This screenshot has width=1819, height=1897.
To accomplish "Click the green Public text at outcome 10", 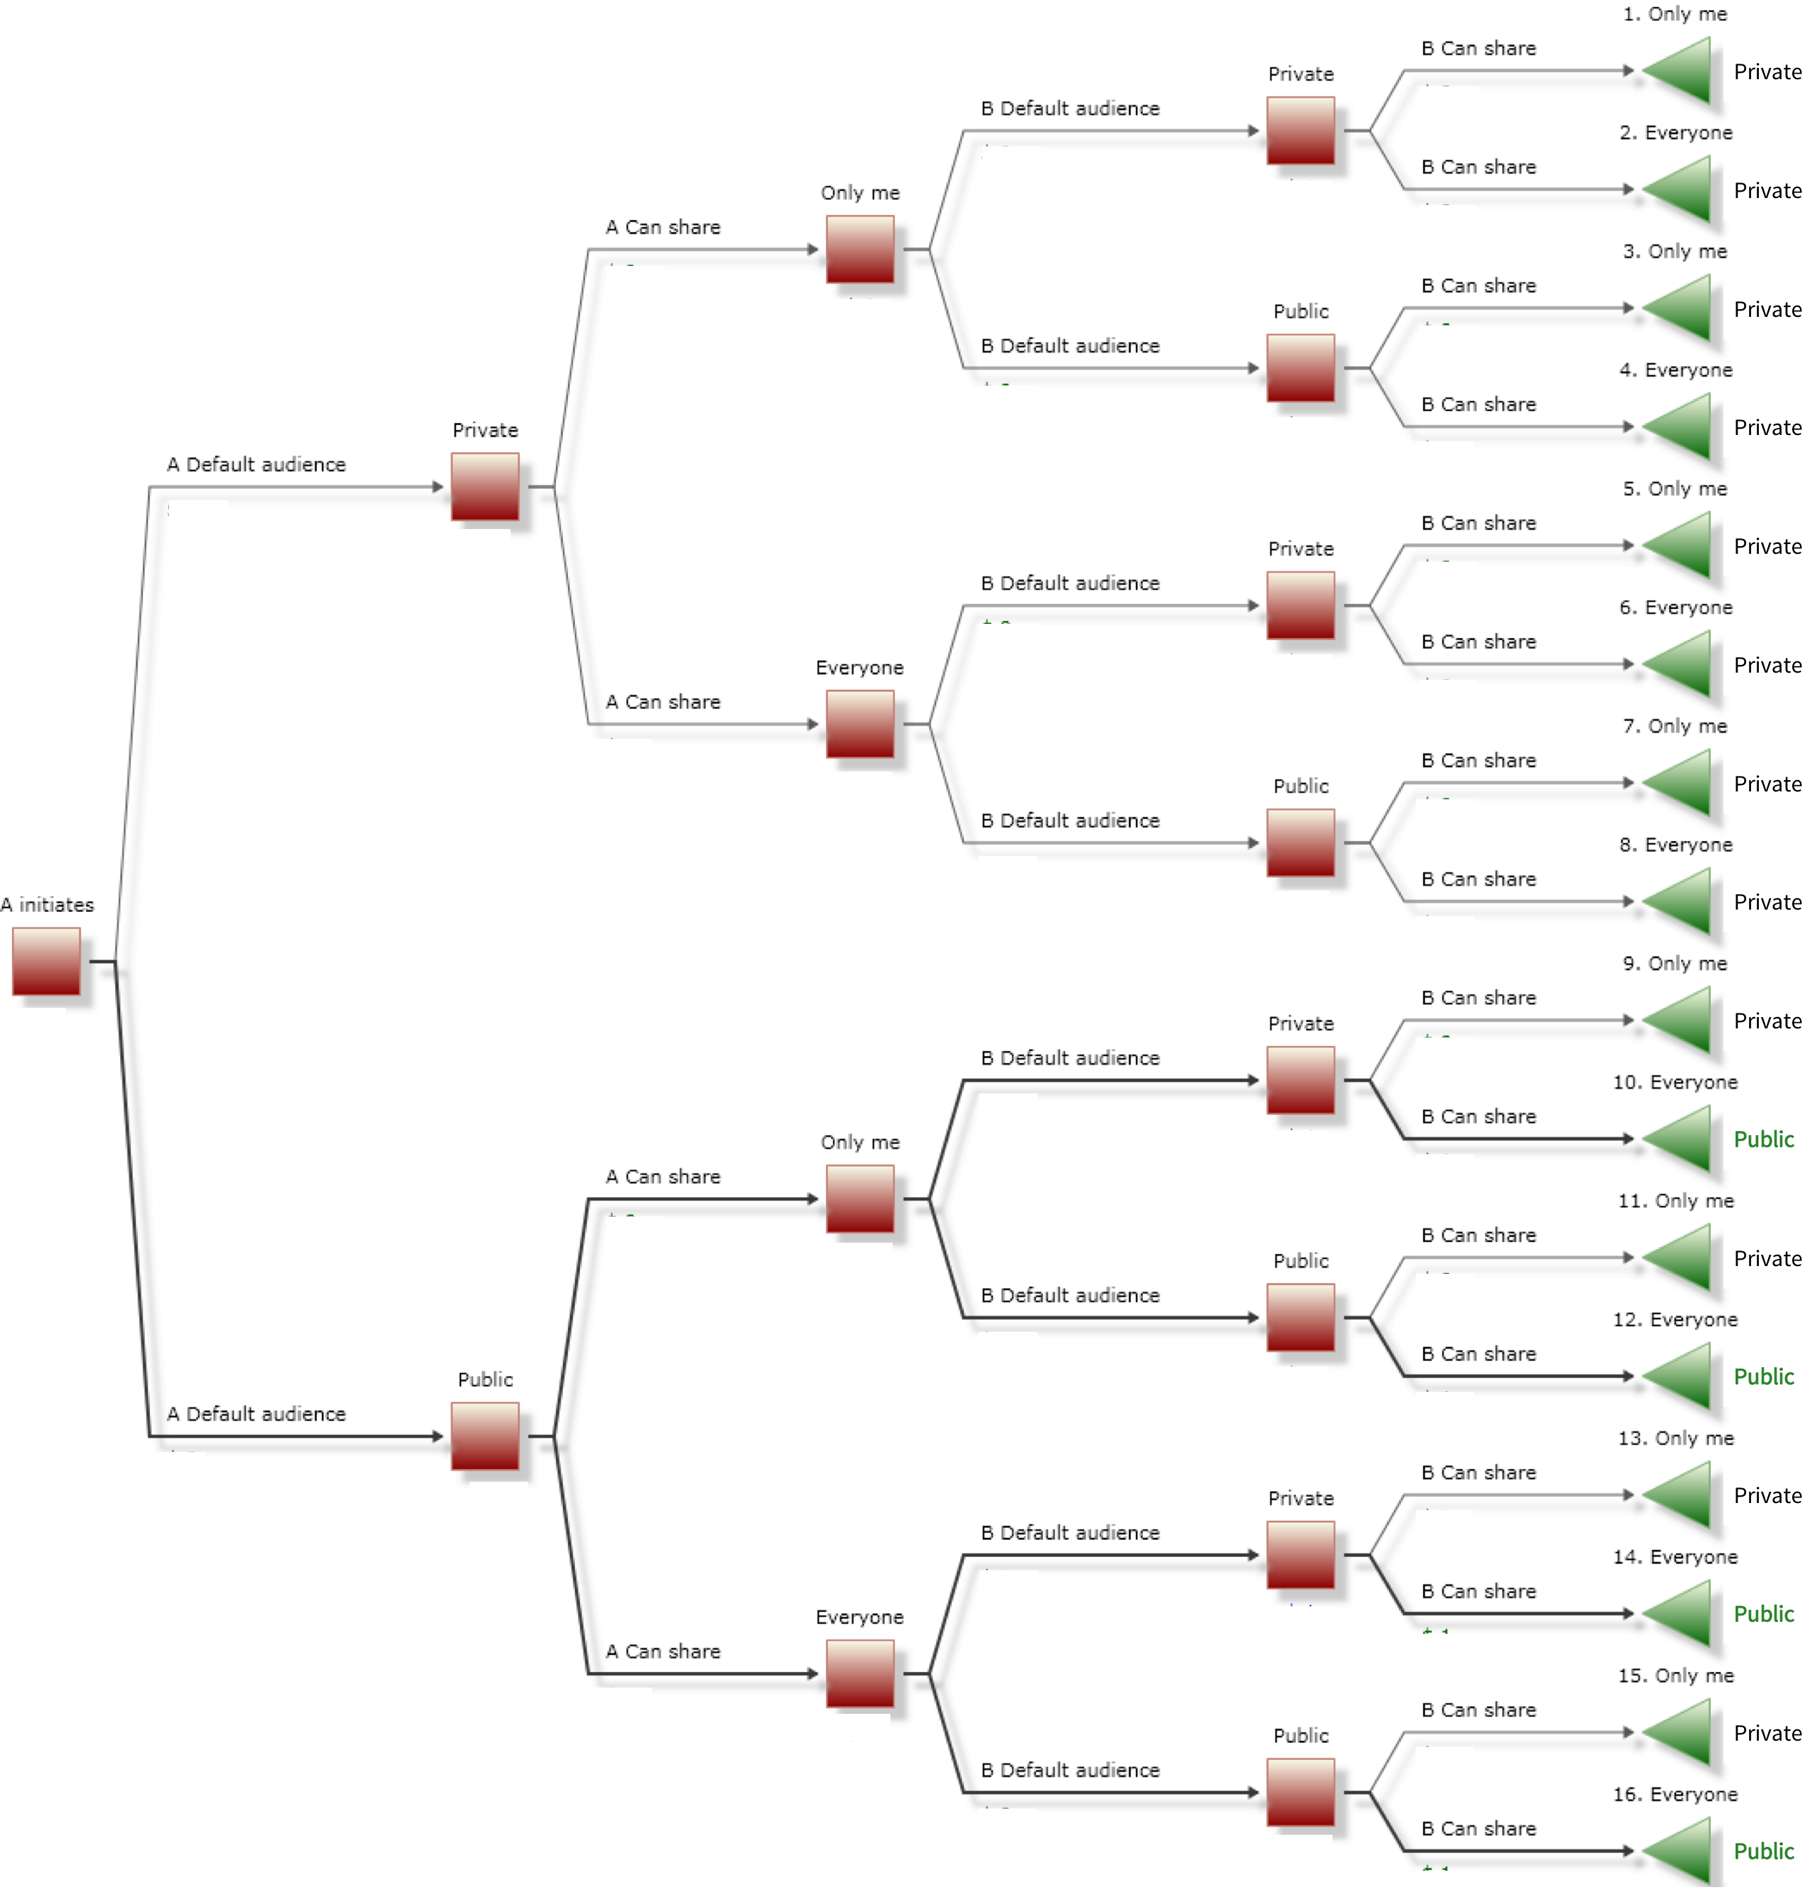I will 1763,1139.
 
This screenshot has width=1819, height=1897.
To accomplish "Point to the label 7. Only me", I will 1675,726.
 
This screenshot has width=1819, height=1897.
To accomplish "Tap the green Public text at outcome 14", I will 1763,1613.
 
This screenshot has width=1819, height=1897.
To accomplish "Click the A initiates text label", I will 47,905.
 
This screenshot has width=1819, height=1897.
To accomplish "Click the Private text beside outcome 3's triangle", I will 1767,310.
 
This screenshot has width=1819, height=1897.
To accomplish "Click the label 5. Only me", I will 1675,489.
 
